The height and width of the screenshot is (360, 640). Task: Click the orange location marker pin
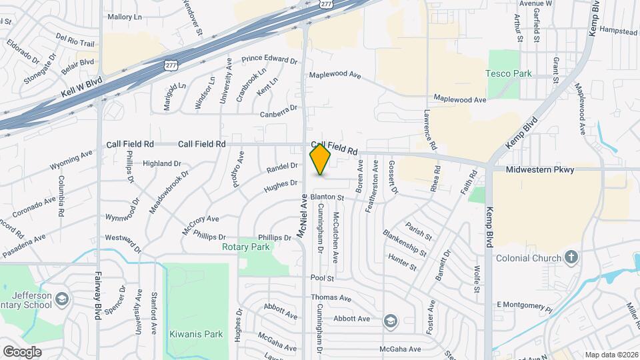tap(321, 160)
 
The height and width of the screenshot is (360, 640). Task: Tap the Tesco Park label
tap(508, 73)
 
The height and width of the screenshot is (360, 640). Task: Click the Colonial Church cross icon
tap(571, 257)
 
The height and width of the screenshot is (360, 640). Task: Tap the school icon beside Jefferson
tap(62, 297)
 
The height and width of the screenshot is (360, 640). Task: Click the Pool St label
tap(321, 277)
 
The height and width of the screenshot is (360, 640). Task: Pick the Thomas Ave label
tap(331, 298)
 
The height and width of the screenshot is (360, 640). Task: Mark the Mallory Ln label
tap(125, 17)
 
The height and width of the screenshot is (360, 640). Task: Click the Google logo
tap(22, 351)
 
